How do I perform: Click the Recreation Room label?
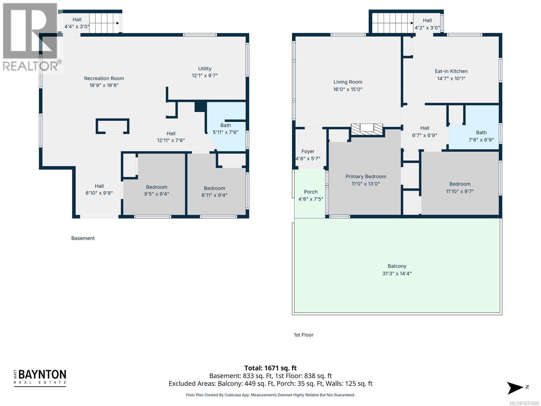[104, 78]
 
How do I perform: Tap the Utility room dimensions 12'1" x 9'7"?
[205, 76]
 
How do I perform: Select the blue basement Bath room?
[226, 129]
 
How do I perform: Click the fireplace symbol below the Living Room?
[367, 129]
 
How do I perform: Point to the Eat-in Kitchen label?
[451, 71]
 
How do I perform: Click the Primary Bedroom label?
[366, 176]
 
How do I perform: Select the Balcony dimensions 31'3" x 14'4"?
[397, 273]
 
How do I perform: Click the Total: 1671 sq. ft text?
[270, 368]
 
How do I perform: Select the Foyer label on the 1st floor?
[308, 151]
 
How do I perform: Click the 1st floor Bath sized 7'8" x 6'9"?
[481, 136]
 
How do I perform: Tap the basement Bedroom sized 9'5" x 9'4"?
[157, 190]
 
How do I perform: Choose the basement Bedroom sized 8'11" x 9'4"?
[214, 191]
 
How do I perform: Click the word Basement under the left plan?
[83, 238]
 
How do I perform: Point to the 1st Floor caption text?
[303, 335]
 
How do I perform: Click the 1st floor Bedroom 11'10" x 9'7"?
[460, 187]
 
